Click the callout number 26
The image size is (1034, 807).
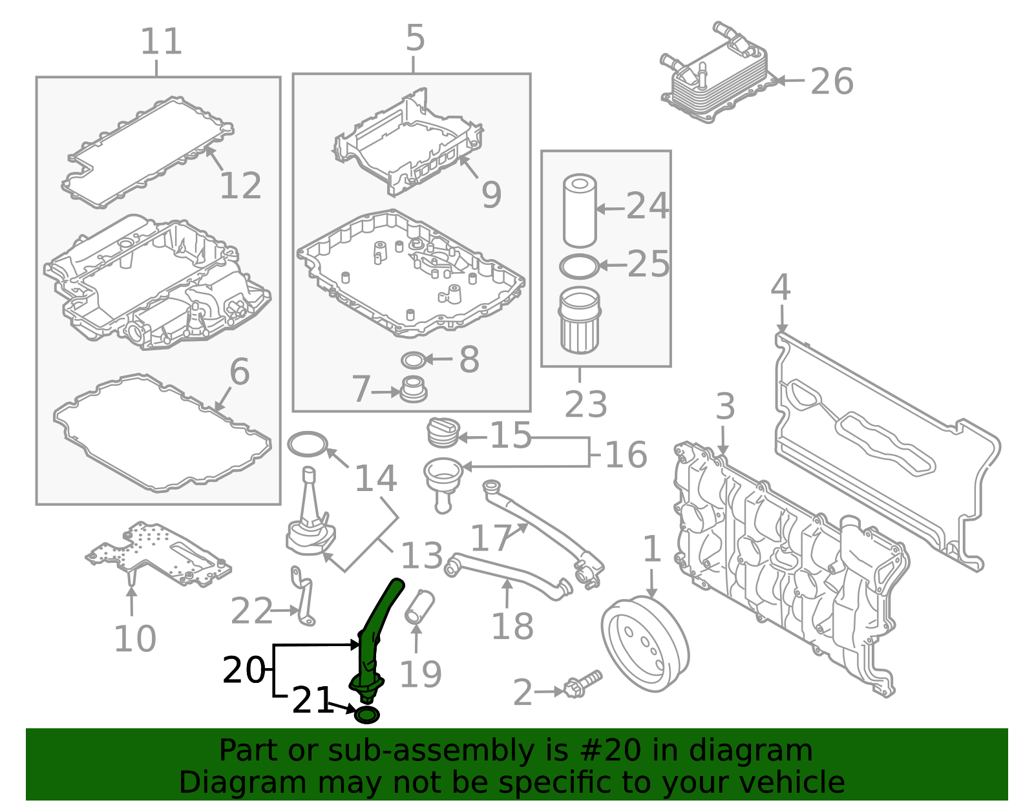(832, 82)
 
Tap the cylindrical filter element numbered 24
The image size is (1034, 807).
(580, 210)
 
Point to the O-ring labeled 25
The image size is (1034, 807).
(579, 266)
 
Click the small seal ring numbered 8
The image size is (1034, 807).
(413, 360)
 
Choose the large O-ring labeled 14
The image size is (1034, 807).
(308, 444)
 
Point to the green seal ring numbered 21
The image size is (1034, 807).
(367, 714)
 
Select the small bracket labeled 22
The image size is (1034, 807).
(304, 595)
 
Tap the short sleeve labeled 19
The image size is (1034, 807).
(419, 606)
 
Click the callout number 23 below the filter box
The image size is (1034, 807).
(586, 404)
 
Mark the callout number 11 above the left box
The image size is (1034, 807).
(162, 41)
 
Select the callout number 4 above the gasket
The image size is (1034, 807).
(781, 288)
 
